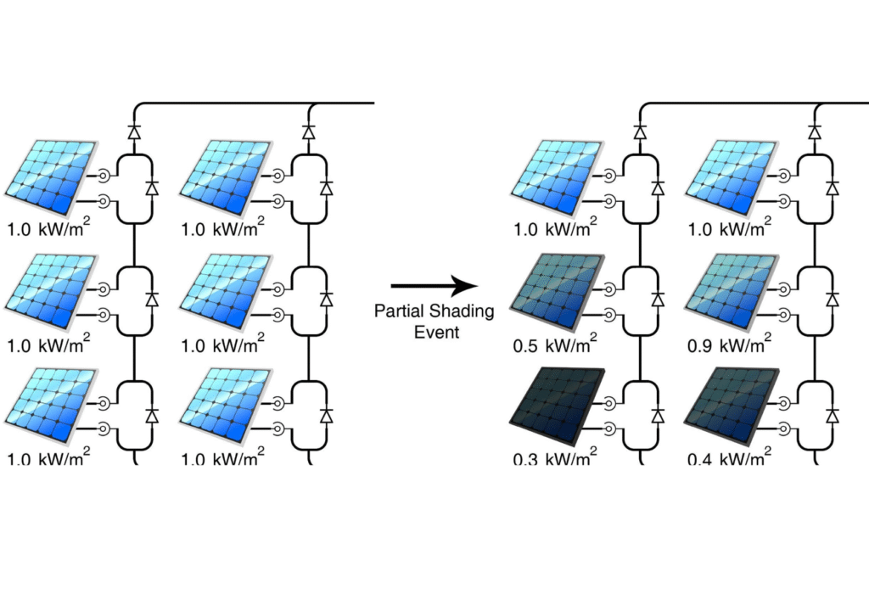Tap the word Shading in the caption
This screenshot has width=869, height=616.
[x=460, y=311]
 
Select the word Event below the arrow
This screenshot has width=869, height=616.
[x=436, y=332]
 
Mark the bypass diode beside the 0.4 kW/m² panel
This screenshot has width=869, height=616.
[x=833, y=415]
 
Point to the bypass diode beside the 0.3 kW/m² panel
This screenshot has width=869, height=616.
[x=657, y=415]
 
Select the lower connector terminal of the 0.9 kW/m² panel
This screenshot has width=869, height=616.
[x=782, y=315]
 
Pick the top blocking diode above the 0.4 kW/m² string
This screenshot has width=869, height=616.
[x=814, y=132]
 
